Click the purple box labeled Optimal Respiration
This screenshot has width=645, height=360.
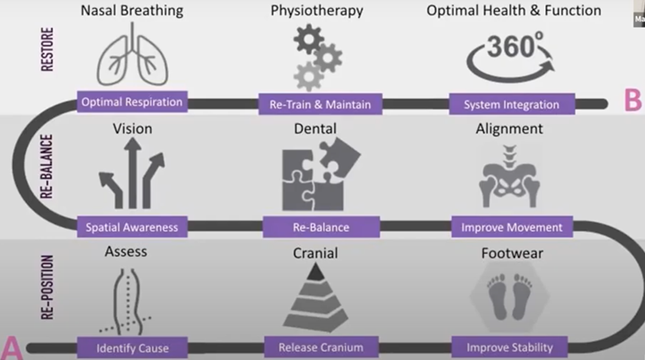click(x=132, y=101)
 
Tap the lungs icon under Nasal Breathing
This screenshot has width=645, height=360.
click(x=132, y=55)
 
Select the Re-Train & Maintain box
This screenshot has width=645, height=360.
click(x=320, y=104)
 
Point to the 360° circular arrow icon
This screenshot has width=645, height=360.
click(x=510, y=57)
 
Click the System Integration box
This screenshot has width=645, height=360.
click(x=512, y=104)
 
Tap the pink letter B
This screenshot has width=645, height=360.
click(x=632, y=101)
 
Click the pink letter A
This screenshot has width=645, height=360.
click(x=12, y=348)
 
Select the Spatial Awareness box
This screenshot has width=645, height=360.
click(x=132, y=227)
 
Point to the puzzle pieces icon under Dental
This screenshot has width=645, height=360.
click(x=321, y=174)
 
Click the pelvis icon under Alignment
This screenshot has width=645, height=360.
click(x=509, y=177)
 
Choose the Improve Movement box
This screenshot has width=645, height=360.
click(x=512, y=227)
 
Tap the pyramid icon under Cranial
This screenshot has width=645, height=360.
click(x=315, y=297)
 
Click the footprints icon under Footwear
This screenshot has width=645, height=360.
click(x=510, y=297)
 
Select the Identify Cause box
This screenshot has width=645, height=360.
click(x=132, y=347)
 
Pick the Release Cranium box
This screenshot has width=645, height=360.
click(x=321, y=347)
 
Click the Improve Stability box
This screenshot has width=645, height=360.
click(x=509, y=347)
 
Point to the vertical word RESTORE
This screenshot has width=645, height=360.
click(x=48, y=49)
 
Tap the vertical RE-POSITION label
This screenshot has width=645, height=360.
click(x=48, y=287)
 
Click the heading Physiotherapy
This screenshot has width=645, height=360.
click(x=317, y=10)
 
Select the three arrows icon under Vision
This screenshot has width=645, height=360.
click(x=132, y=173)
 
